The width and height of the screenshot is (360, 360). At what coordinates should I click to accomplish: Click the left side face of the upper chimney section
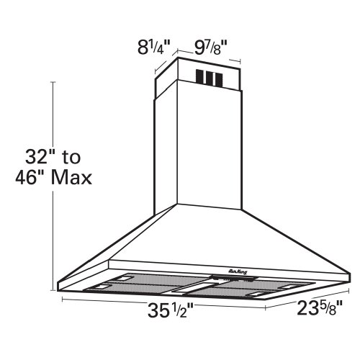163,79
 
